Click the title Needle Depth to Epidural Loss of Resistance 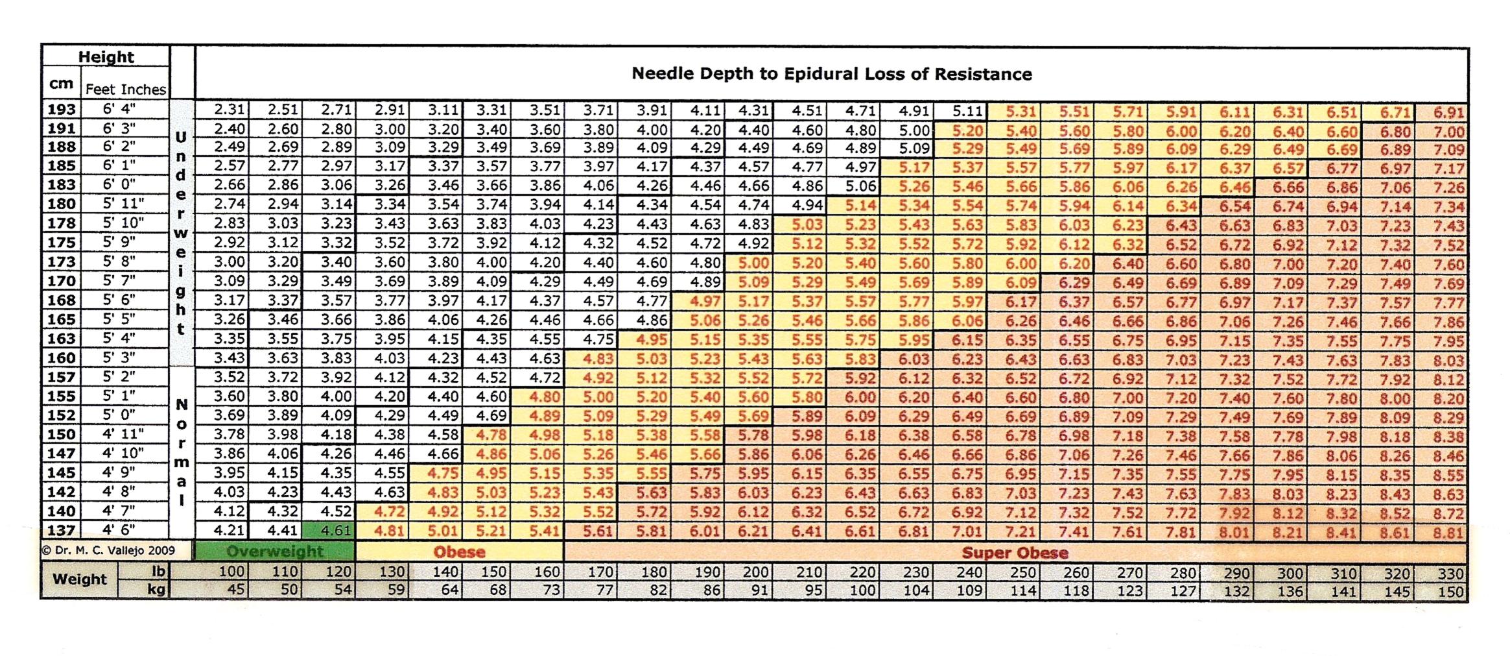coord(832,73)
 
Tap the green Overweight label coord(275,552)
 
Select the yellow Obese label coord(459,552)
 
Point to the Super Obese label coord(1015,553)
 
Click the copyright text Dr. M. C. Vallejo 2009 coord(108,550)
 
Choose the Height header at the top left coord(106,56)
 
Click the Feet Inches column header coord(126,89)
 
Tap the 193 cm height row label coord(62,109)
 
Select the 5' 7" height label coord(120,280)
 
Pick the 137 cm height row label coord(62,530)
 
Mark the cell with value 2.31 coord(229,110)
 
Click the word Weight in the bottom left coord(79,579)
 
